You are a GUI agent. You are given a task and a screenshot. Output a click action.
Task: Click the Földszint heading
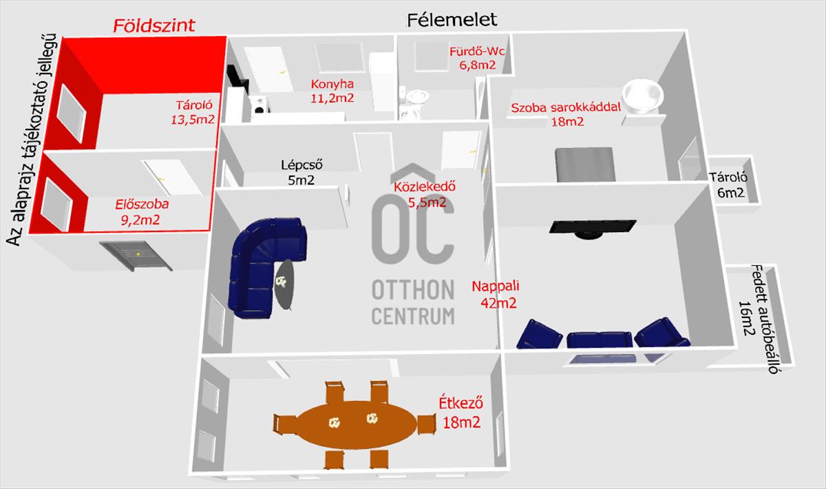point(153,25)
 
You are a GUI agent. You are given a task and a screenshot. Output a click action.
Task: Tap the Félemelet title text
point(452,20)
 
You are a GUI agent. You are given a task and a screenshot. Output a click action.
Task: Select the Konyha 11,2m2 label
point(332,91)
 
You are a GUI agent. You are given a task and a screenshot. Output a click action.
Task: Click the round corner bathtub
point(642,96)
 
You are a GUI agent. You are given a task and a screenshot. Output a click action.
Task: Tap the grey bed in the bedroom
point(585,165)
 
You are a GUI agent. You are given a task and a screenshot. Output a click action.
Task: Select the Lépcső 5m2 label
point(301,172)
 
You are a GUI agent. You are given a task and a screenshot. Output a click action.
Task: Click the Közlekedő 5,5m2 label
point(425,194)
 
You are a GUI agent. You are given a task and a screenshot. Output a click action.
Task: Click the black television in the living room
point(593,229)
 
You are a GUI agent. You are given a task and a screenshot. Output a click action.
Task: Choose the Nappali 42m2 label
point(496,294)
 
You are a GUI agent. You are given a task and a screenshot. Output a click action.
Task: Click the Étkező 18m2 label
point(461,413)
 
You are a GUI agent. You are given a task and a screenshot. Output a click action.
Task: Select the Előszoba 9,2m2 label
point(142,212)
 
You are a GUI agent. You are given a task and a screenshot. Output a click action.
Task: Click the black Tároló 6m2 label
point(730,185)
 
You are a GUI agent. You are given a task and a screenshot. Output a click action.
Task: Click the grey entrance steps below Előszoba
point(136,256)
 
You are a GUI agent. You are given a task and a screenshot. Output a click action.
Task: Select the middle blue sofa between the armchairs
point(600,340)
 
